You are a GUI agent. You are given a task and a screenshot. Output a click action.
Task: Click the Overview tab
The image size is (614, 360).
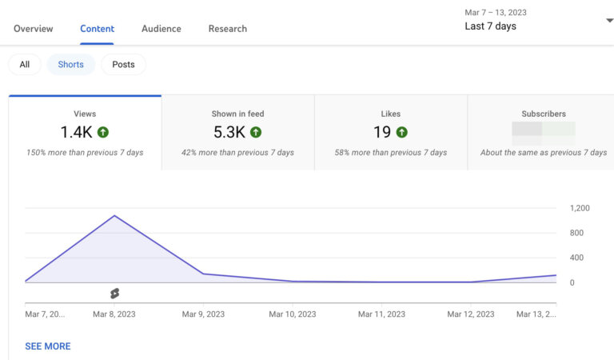[x=33, y=29]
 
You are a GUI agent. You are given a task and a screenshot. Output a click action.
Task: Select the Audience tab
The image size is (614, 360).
[x=161, y=29]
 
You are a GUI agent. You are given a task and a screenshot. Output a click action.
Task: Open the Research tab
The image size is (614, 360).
[x=227, y=29]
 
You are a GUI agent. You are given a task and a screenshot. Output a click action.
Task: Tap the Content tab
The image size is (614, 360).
[x=97, y=29]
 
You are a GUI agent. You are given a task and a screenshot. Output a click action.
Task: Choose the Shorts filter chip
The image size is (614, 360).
[x=70, y=65]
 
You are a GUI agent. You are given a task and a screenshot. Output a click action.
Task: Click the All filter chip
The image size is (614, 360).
[x=25, y=65]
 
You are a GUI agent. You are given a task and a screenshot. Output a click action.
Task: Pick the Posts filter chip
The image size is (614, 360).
[x=123, y=65]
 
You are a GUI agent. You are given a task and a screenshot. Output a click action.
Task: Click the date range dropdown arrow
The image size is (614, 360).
[x=609, y=21]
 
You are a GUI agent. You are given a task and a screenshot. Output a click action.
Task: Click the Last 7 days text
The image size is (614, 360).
[x=490, y=26]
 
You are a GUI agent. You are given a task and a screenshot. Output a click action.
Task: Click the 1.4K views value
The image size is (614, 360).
[x=77, y=133]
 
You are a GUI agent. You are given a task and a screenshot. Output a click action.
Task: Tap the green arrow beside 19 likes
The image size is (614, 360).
[x=401, y=133]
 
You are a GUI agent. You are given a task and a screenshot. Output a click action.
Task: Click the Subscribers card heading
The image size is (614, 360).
[x=544, y=114]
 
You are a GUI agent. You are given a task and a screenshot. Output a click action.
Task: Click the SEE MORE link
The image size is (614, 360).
[x=48, y=346]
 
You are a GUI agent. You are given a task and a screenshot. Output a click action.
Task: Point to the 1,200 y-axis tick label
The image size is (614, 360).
[x=580, y=208]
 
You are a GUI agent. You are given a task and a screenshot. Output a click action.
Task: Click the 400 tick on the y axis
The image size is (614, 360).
[x=576, y=258]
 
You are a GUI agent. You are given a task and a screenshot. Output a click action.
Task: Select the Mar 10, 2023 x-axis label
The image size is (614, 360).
[x=293, y=314]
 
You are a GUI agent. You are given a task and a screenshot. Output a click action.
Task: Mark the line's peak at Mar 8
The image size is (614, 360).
[x=114, y=215]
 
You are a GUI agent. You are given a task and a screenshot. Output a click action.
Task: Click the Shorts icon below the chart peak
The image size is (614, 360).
[x=114, y=294]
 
